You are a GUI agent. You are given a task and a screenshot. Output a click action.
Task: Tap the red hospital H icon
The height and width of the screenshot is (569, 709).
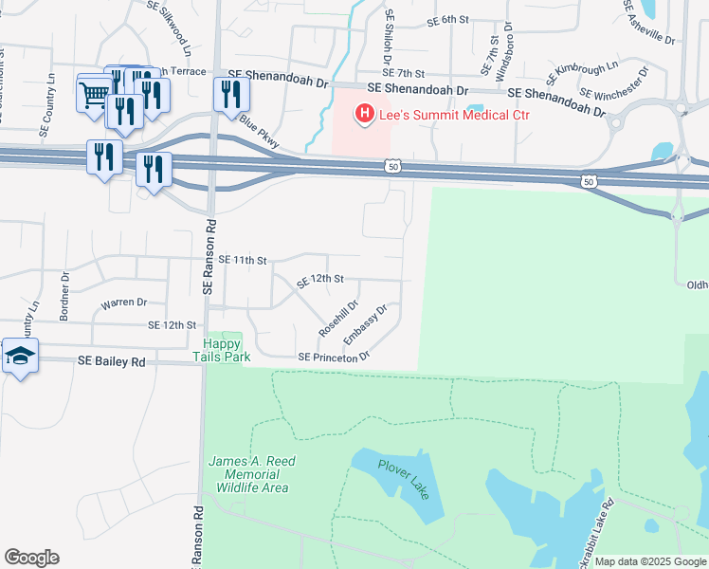[364, 116]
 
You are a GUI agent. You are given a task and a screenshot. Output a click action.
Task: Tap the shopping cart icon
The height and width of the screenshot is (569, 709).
[93, 94]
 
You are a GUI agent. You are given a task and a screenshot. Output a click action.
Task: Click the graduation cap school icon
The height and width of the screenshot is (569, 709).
[19, 357]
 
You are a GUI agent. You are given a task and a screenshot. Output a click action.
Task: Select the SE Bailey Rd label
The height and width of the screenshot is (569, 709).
[112, 361]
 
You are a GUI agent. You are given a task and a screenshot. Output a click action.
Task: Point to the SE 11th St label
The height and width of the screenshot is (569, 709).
[244, 259]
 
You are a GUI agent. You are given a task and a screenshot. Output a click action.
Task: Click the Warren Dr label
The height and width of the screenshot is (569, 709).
[124, 303]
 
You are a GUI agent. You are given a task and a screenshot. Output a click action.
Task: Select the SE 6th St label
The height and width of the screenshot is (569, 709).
[448, 20]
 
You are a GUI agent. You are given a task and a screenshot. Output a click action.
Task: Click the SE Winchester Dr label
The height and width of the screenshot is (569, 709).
[613, 83]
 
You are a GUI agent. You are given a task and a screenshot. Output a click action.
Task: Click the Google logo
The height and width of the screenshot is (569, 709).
[31, 558]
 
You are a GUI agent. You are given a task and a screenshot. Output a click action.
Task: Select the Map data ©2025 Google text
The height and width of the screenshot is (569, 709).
[650, 561]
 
